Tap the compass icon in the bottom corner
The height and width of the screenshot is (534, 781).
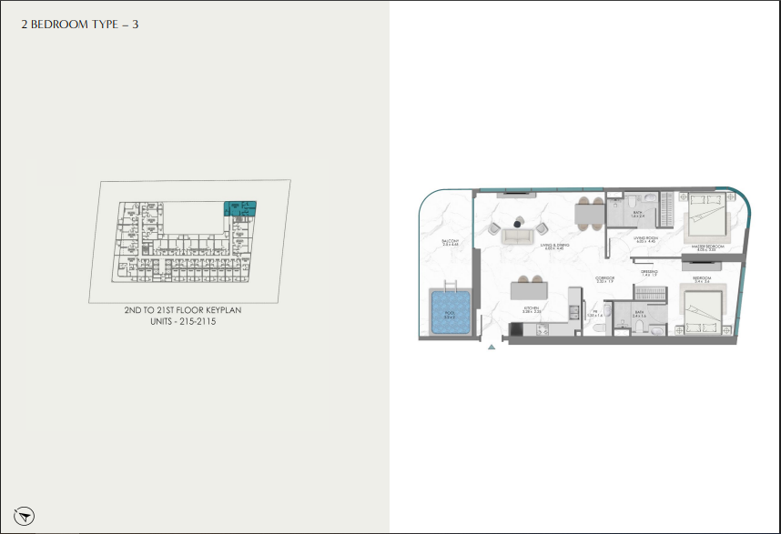point(25,514)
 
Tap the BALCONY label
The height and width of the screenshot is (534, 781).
point(449,243)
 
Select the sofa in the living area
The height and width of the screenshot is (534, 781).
point(519,236)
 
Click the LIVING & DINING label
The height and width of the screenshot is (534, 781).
point(554,247)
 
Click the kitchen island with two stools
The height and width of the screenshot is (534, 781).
point(530,292)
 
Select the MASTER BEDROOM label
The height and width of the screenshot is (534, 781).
point(708,247)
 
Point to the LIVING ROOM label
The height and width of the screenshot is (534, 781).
point(646,238)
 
